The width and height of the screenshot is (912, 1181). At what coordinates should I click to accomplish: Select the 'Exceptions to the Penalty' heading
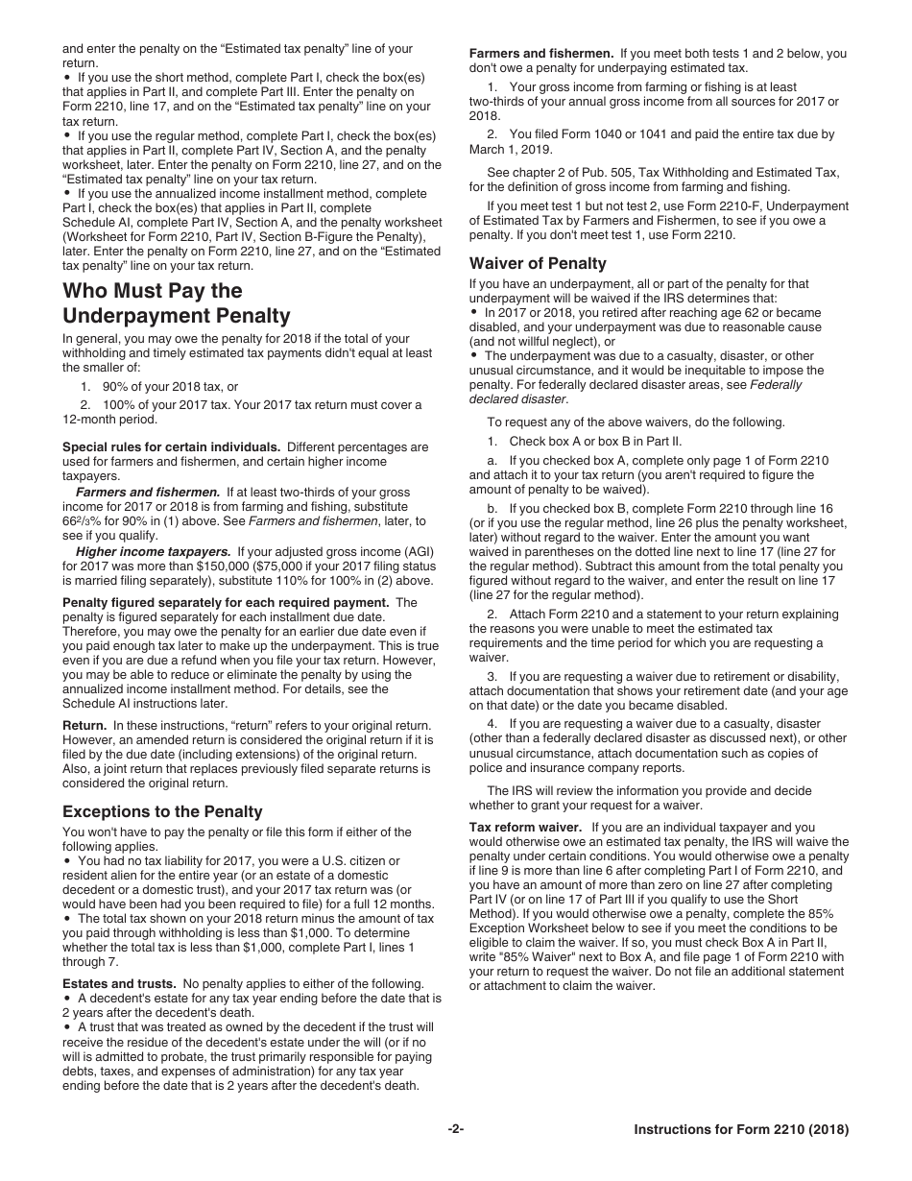point(162,811)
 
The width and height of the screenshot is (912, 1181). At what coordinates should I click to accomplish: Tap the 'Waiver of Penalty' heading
point(538,263)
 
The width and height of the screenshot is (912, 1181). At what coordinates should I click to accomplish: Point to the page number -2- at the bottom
point(456,1130)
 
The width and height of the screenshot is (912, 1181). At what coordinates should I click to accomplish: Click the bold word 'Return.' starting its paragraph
point(84,725)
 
